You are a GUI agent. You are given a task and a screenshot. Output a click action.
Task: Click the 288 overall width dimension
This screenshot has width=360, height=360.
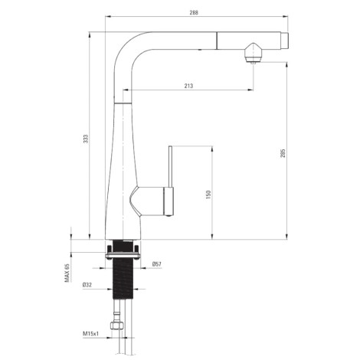coord(194,12)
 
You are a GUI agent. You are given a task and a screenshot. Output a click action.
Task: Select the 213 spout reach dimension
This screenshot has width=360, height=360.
coord(188,86)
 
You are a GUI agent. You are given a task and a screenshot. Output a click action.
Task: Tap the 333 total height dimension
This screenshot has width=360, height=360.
coord(86,139)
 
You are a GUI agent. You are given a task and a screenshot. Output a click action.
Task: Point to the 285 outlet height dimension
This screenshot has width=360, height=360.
coord(283,153)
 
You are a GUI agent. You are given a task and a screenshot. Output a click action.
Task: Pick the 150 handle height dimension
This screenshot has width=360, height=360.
coord(208,195)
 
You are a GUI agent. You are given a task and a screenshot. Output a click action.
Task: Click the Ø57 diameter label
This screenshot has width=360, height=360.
coord(156,264)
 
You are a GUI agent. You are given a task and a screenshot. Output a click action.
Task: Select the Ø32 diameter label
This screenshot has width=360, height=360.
coord(87,285)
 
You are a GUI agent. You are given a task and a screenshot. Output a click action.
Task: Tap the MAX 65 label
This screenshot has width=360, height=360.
coord(67,273)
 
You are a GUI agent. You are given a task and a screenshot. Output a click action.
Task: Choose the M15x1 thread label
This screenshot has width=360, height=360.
coord(90,333)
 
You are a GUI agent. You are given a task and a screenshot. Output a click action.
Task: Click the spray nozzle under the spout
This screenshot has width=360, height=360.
coord(253,53)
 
